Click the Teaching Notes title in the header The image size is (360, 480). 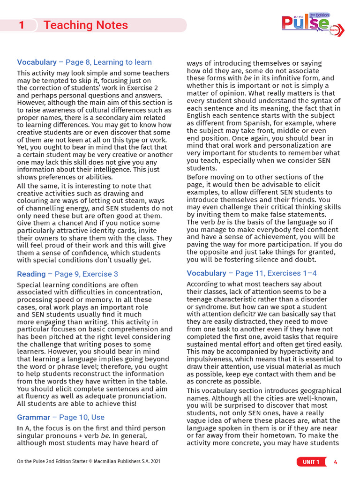tap(85, 25)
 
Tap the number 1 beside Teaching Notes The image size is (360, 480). tap(22, 25)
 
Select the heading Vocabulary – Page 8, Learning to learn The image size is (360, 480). tap(84, 62)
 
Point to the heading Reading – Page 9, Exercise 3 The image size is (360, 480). tap(67, 274)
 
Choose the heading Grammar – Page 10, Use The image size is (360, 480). tap(61, 417)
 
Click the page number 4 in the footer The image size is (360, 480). tap(335, 462)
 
